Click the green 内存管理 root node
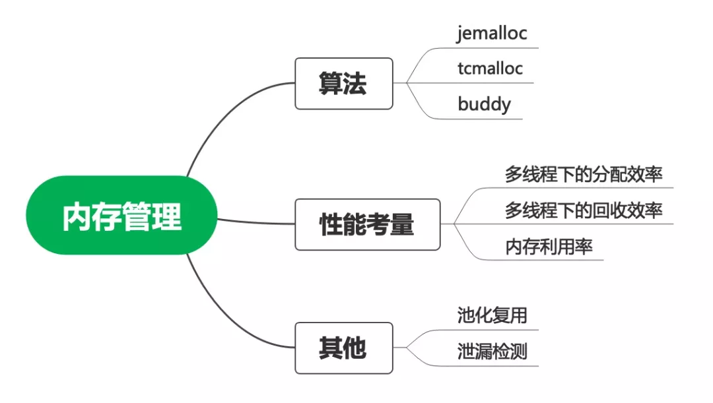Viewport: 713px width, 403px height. tap(121, 215)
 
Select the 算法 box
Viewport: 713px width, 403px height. tap(343, 84)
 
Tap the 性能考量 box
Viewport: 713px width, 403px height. tap(367, 224)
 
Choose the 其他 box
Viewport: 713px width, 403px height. tap(343, 348)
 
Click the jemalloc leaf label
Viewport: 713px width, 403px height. tap(492, 33)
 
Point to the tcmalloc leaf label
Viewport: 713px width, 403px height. tap(490, 69)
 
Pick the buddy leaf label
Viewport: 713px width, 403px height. tap(484, 104)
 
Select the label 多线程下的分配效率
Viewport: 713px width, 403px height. tap(584, 175)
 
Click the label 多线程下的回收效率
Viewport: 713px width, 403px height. tap(584, 210)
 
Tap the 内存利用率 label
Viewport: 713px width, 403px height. tap(549, 246)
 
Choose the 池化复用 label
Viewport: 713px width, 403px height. tap(492, 315)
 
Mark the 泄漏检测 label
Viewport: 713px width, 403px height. tap(492, 351)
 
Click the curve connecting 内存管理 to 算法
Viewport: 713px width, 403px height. tap(224, 115)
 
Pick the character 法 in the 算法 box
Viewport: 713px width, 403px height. tap(355, 84)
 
